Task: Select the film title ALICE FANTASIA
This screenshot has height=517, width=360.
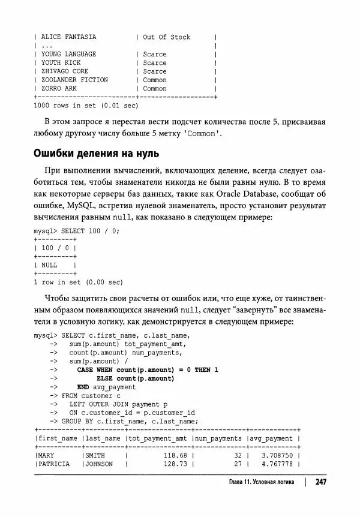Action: point(68,37)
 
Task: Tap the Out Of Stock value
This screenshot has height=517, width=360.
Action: point(166,37)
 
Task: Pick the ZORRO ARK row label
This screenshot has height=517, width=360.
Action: point(59,88)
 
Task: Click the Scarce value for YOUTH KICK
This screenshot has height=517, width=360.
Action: point(155,62)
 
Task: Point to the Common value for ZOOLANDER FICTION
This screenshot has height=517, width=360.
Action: point(155,80)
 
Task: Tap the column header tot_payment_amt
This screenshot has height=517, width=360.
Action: point(159,438)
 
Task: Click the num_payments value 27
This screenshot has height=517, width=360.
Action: point(237,464)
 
